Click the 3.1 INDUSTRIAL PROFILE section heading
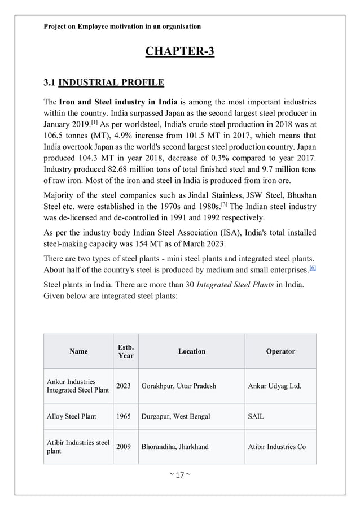pos(104,84)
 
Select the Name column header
pos(78,351)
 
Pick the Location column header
pos(191,351)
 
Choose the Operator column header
pos(280,351)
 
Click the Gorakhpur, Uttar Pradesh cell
pos(179,386)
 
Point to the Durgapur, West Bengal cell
pos(176,416)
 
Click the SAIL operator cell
pos(256,416)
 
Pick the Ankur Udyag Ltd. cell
pos(274,386)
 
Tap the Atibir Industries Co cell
pos(277,447)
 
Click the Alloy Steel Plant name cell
pos(72,416)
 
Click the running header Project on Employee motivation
pos(122,26)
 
